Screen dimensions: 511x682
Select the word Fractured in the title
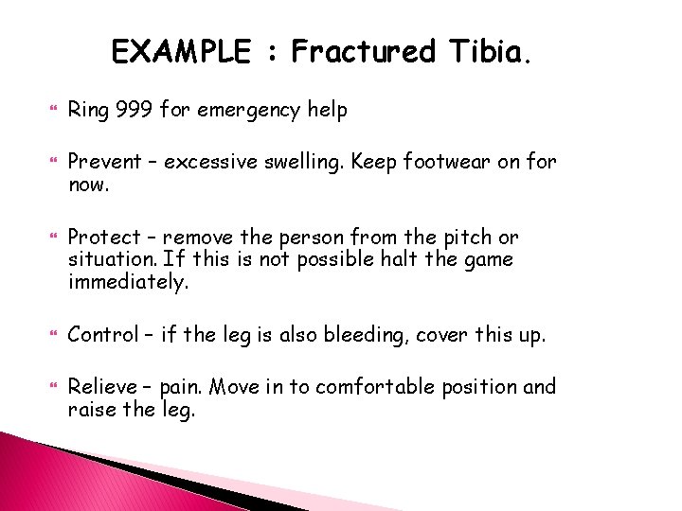[363, 51]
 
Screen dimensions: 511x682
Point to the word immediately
[128, 281]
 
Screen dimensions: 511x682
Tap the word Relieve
[100, 387]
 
